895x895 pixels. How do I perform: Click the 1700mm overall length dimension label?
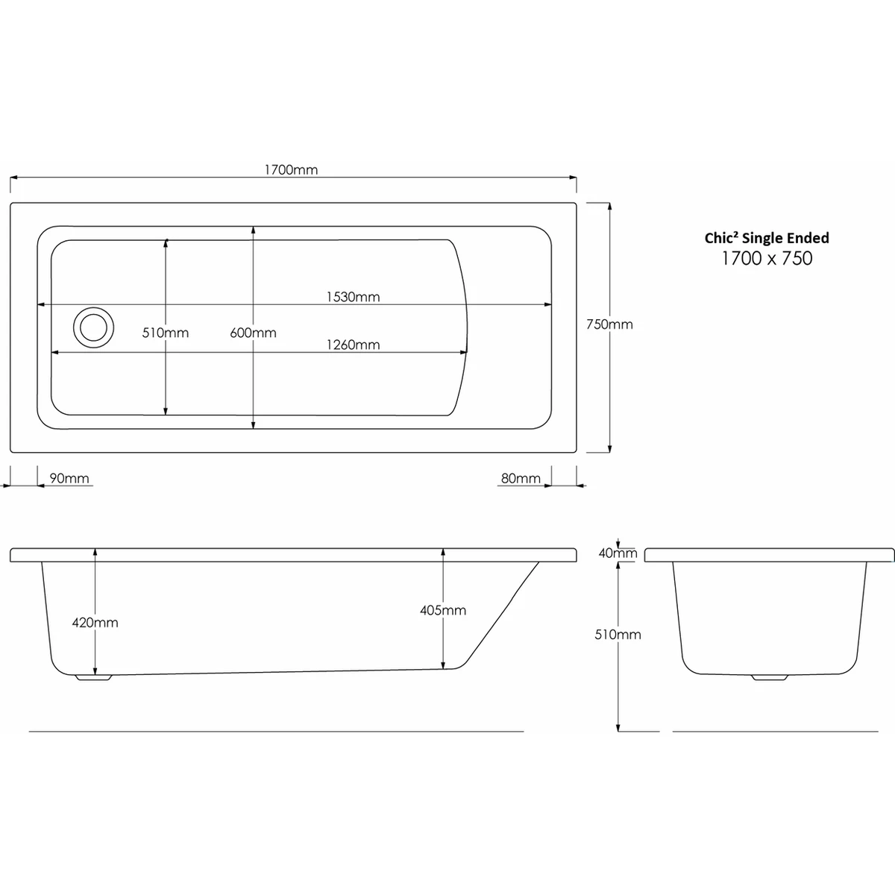(x=291, y=169)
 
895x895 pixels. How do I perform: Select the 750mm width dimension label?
(x=609, y=324)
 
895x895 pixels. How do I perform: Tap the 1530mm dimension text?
(x=353, y=297)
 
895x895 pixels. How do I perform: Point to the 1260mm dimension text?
(x=353, y=345)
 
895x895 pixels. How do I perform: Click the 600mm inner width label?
(x=254, y=333)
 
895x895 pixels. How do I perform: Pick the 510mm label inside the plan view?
(x=166, y=333)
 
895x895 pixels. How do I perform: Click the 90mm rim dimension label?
(x=69, y=478)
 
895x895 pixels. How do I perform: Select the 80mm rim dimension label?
(x=521, y=478)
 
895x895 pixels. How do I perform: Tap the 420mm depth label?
(x=95, y=622)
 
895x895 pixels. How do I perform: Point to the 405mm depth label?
(x=443, y=610)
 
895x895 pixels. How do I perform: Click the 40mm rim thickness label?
(x=619, y=553)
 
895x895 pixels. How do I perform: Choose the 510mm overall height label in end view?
(x=619, y=635)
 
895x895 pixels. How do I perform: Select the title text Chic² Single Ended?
(x=767, y=238)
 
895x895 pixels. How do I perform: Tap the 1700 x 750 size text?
(x=767, y=259)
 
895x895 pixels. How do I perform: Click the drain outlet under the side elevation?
(x=93, y=678)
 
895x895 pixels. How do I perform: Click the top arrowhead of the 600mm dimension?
(x=254, y=230)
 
